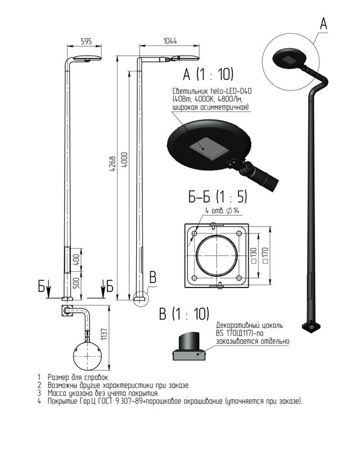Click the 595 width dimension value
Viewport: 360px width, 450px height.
click(86, 41)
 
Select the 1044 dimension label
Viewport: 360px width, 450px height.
click(170, 40)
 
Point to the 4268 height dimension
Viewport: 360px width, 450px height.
click(112, 164)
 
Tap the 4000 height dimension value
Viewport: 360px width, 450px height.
click(125, 160)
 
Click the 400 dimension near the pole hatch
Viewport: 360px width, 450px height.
click(76, 259)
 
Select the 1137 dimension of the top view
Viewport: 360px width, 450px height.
click(104, 334)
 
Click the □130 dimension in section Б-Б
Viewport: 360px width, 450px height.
click(254, 256)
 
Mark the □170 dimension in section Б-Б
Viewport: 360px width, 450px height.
click(265, 256)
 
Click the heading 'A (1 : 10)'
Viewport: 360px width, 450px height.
click(208, 74)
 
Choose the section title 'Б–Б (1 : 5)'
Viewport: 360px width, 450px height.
click(218, 197)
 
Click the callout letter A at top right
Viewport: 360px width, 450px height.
click(323, 23)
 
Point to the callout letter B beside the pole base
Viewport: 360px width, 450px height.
click(153, 277)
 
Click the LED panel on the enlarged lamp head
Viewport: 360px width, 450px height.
click(209, 148)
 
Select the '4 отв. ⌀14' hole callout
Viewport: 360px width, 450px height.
click(223, 210)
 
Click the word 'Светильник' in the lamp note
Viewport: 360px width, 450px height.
click(190, 91)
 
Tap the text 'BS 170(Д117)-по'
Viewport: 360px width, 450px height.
click(240, 334)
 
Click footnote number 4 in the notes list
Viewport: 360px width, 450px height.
click(39, 401)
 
